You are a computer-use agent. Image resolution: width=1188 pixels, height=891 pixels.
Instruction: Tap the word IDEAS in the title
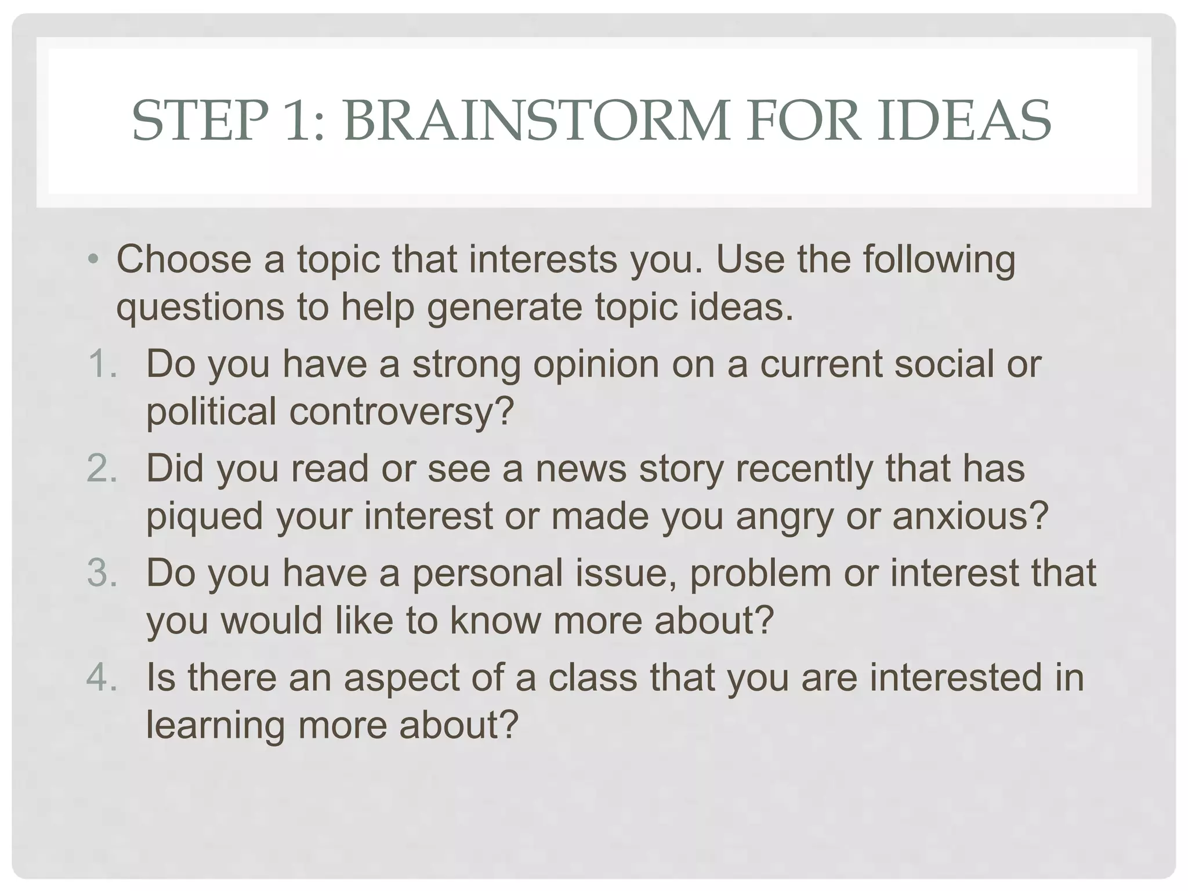click(x=964, y=121)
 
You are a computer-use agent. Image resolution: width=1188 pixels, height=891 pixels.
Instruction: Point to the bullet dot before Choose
click(x=93, y=259)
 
